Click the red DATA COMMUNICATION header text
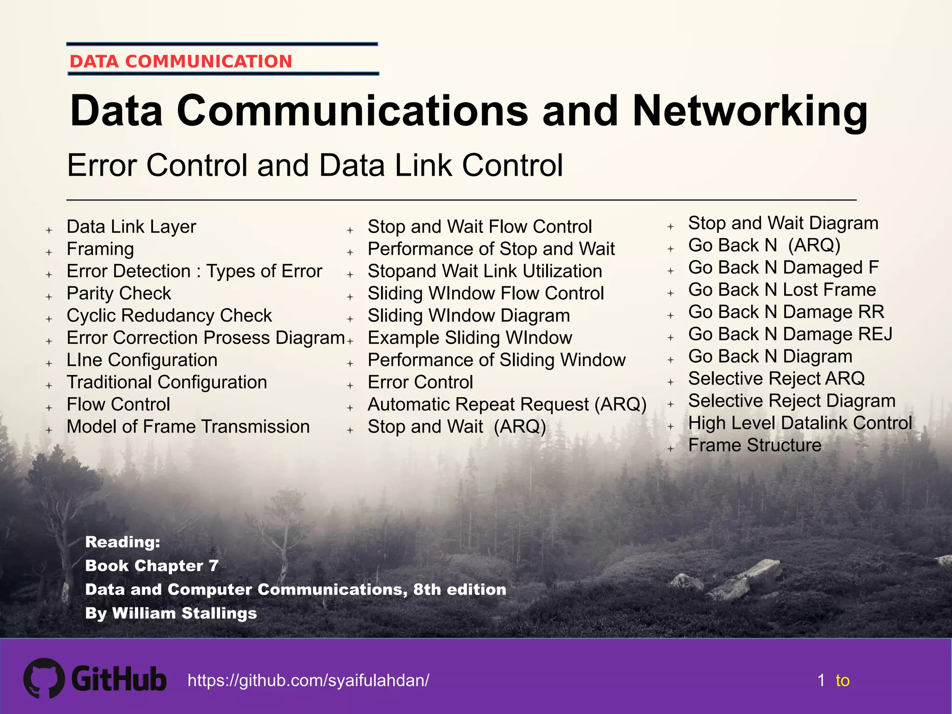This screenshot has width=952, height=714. (x=181, y=61)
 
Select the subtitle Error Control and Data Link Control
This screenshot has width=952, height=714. (x=315, y=165)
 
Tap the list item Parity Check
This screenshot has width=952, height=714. (x=119, y=293)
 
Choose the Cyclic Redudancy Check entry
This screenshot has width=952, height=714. (x=169, y=316)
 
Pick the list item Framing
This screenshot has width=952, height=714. (x=100, y=249)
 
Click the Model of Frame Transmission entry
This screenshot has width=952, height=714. (x=188, y=427)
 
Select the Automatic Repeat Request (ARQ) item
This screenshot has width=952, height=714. (x=507, y=404)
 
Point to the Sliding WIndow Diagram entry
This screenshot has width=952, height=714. (x=469, y=316)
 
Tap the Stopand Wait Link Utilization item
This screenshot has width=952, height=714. (x=484, y=271)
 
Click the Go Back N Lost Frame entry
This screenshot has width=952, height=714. (x=782, y=290)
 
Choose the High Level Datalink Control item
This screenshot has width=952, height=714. (x=800, y=423)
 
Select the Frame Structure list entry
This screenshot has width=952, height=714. (x=754, y=445)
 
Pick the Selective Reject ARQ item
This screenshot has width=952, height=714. (x=776, y=378)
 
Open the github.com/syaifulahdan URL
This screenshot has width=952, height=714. (x=308, y=681)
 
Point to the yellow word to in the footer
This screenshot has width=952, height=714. (x=842, y=681)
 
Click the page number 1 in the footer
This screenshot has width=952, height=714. (x=821, y=681)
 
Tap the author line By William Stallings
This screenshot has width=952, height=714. (x=171, y=613)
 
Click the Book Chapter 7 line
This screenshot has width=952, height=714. (x=152, y=566)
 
